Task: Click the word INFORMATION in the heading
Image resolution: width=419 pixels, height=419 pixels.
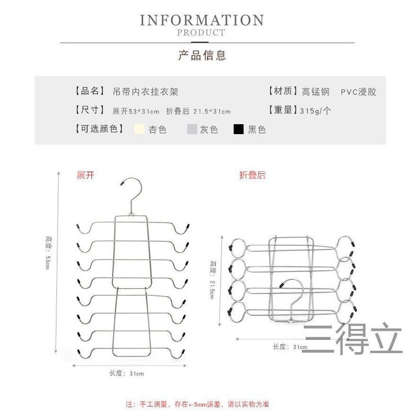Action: coord(202,21)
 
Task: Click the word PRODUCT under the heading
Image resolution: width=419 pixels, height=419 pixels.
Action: coord(201,33)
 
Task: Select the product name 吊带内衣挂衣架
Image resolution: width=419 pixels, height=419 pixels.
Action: coord(146,92)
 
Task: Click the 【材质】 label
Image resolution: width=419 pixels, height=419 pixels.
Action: coord(283,92)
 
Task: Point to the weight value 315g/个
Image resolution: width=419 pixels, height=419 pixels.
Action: coord(315,111)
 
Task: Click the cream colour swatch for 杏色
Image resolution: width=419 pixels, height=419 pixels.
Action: coord(139,129)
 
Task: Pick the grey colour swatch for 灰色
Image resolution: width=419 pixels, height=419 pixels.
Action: coord(192,129)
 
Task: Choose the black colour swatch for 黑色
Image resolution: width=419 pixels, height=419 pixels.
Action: coord(239,129)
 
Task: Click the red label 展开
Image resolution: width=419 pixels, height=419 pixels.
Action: coord(85,175)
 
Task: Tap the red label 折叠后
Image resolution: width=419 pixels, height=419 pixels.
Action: coord(252,175)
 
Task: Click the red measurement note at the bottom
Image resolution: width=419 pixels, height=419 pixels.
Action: coord(197,404)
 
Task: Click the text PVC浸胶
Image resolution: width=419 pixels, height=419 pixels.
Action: coord(358,92)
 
